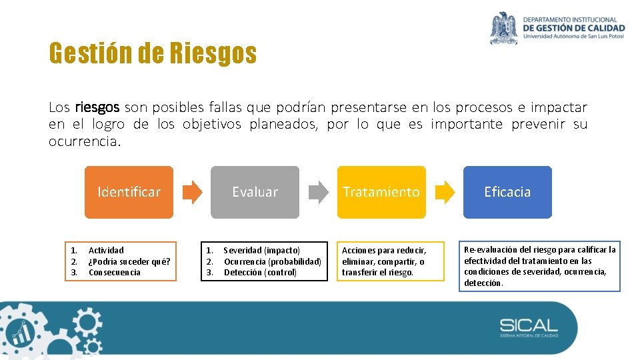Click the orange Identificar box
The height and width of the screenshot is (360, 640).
tap(129, 192)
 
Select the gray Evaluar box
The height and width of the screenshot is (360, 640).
tap(255, 192)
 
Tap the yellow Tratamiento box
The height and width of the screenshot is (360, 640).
tap(381, 192)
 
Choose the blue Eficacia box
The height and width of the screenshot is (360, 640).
tap(507, 192)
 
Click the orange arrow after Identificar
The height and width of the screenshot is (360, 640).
tap(192, 192)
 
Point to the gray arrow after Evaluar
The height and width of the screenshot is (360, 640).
tap(319, 192)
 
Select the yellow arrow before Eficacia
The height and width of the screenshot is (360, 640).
tap(445, 192)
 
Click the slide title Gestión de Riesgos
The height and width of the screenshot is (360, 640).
tap(153, 53)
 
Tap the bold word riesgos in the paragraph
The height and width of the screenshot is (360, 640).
tap(97, 107)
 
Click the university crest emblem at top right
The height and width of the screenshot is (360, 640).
tap(504, 28)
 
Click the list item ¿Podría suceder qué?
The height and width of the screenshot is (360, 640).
tap(129, 261)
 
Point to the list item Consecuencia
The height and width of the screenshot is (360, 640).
tap(115, 272)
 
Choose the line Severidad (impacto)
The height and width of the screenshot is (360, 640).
tap(262, 250)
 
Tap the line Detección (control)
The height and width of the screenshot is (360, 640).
tap(260, 272)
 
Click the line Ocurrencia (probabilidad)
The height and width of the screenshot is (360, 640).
tap(273, 261)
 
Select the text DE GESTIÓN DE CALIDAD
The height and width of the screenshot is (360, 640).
tap(574, 28)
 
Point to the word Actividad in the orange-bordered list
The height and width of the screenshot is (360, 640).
tap(106, 250)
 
